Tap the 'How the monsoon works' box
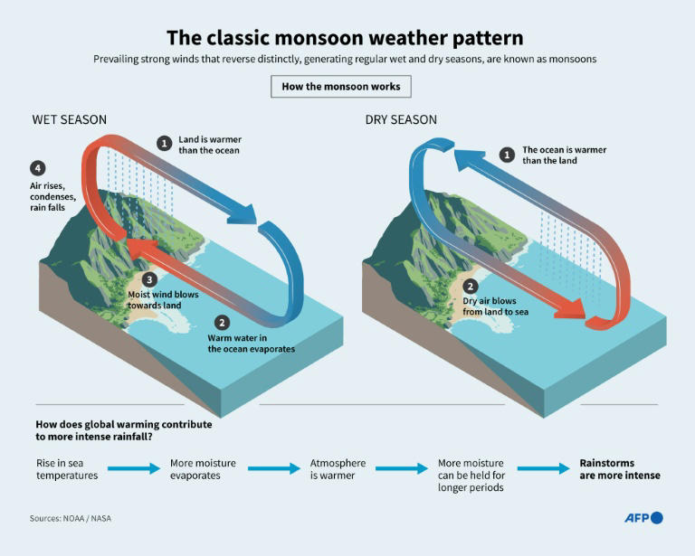(x=341, y=87)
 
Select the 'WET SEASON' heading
(x=70, y=119)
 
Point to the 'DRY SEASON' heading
(x=401, y=119)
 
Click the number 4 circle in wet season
(x=37, y=169)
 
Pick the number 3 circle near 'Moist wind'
(x=150, y=279)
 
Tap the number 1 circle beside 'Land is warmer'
(x=164, y=143)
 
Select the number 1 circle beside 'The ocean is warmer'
(x=507, y=155)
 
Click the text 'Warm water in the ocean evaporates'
(x=251, y=343)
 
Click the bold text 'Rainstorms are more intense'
(x=620, y=469)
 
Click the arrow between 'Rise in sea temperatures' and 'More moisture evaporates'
(x=134, y=468)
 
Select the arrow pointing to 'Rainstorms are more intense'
(x=542, y=468)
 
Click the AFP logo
(x=643, y=518)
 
